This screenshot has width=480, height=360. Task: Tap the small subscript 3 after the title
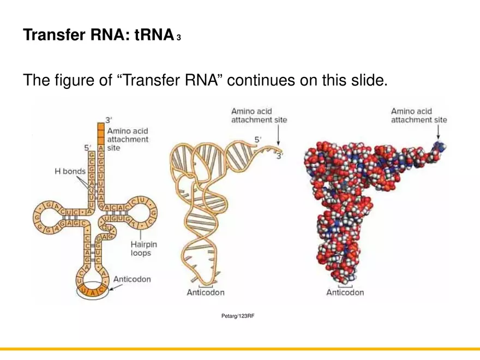179,38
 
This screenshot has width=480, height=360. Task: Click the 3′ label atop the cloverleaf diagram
109,119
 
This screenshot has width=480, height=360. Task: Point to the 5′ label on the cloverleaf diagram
87,147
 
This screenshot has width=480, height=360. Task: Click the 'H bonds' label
70,171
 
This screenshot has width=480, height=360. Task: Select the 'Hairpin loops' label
145,249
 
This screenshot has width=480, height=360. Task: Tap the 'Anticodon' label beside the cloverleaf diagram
131,279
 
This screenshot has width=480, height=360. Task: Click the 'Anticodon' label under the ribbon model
206,292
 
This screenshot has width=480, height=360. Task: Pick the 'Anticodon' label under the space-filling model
345,292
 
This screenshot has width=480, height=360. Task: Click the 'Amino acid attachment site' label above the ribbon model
259,116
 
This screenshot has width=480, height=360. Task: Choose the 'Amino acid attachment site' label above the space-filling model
419,116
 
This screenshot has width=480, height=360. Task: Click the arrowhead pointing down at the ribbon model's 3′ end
279,140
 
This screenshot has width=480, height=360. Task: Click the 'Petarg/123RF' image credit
238,316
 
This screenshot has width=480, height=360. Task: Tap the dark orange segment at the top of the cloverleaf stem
101,133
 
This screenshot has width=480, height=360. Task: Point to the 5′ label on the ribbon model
259,140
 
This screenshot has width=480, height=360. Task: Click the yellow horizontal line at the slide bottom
240,349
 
